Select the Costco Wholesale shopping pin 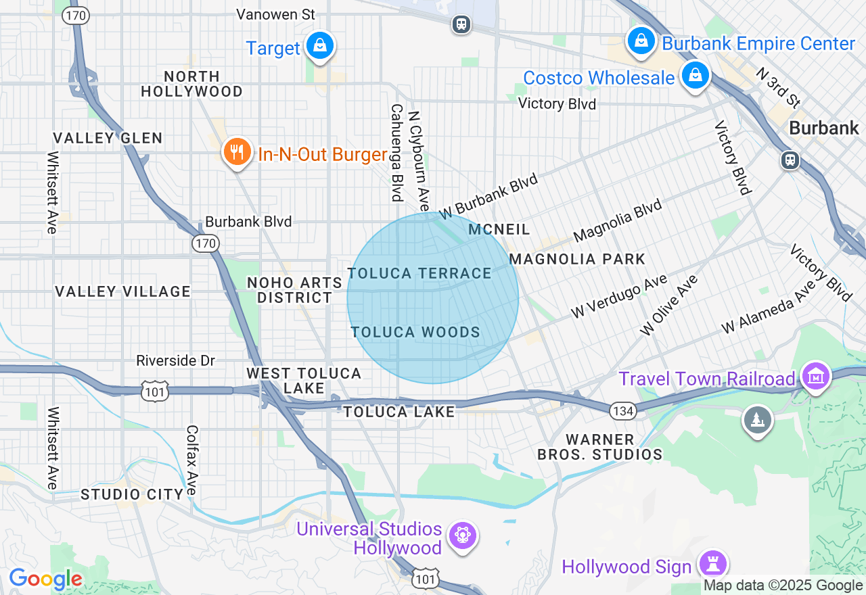[x=695, y=75]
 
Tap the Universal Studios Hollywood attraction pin [x=463, y=536]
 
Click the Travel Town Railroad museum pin [x=815, y=376]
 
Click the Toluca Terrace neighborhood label [x=419, y=273]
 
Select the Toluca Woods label [x=415, y=332]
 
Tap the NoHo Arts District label [x=290, y=289]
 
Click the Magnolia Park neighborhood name [x=577, y=259]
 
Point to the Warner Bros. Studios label [x=599, y=447]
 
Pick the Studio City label [x=131, y=494]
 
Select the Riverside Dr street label [x=175, y=360]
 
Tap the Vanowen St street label [x=276, y=14]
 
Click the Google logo [x=45, y=579]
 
